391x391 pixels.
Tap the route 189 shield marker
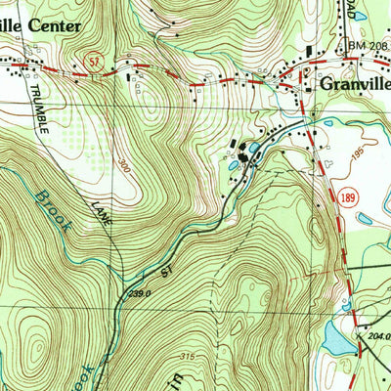349,199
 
